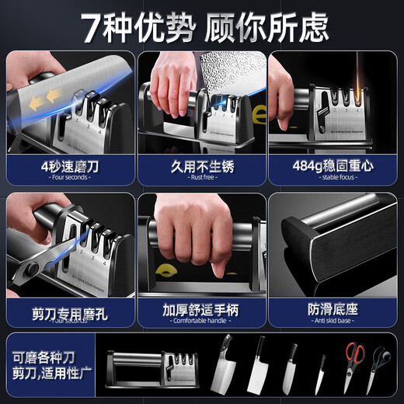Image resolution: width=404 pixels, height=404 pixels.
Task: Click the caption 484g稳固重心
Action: pos(333,165)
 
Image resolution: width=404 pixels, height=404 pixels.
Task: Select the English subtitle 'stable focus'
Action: pos(333,178)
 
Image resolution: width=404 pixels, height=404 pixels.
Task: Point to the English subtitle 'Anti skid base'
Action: pos(333,321)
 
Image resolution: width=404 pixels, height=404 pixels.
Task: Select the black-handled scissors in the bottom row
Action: pos(380,364)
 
